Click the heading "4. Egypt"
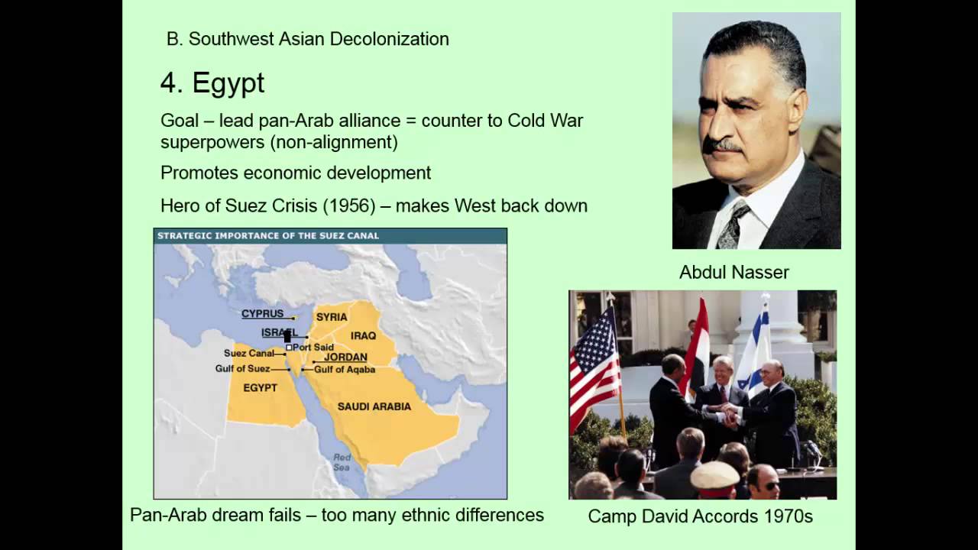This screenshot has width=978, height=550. pos(212,83)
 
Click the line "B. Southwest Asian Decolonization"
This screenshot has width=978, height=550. pos(307,39)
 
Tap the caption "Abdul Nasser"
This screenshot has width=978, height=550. pos(733,272)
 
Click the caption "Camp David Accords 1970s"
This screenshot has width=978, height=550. pos(700,516)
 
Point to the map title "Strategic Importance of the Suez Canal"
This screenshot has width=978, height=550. pos(268,235)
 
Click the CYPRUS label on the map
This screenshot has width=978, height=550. pos(262,314)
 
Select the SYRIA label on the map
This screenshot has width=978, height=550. pos(332,317)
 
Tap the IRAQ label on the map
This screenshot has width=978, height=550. pos(363,335)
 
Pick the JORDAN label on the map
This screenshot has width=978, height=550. pos(345,357)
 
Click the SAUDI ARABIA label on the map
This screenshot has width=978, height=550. pos(374,406)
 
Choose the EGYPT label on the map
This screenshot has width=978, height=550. pos(260,387)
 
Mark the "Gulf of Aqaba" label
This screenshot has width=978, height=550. pos(344,370)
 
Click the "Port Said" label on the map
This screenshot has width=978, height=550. pos(313,348)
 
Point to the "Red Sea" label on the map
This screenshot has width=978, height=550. pos(342,462)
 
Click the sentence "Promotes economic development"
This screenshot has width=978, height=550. pos(296,173)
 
